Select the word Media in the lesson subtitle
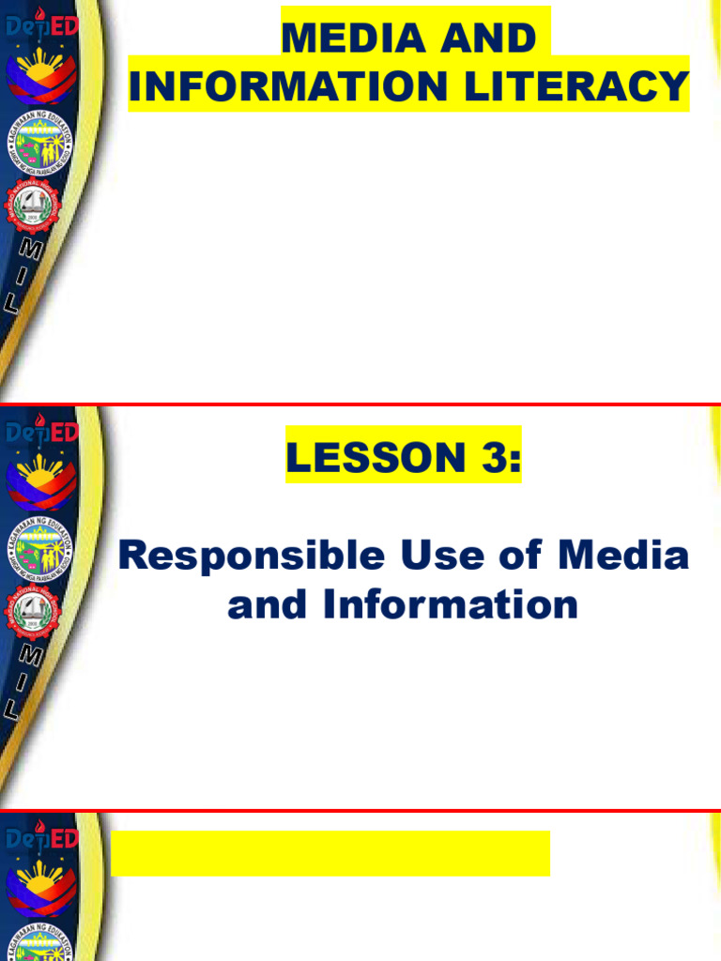(624, 556)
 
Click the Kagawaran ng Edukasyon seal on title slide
(40, 149)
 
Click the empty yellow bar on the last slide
(330, 853)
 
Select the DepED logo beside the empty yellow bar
(41, 837)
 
